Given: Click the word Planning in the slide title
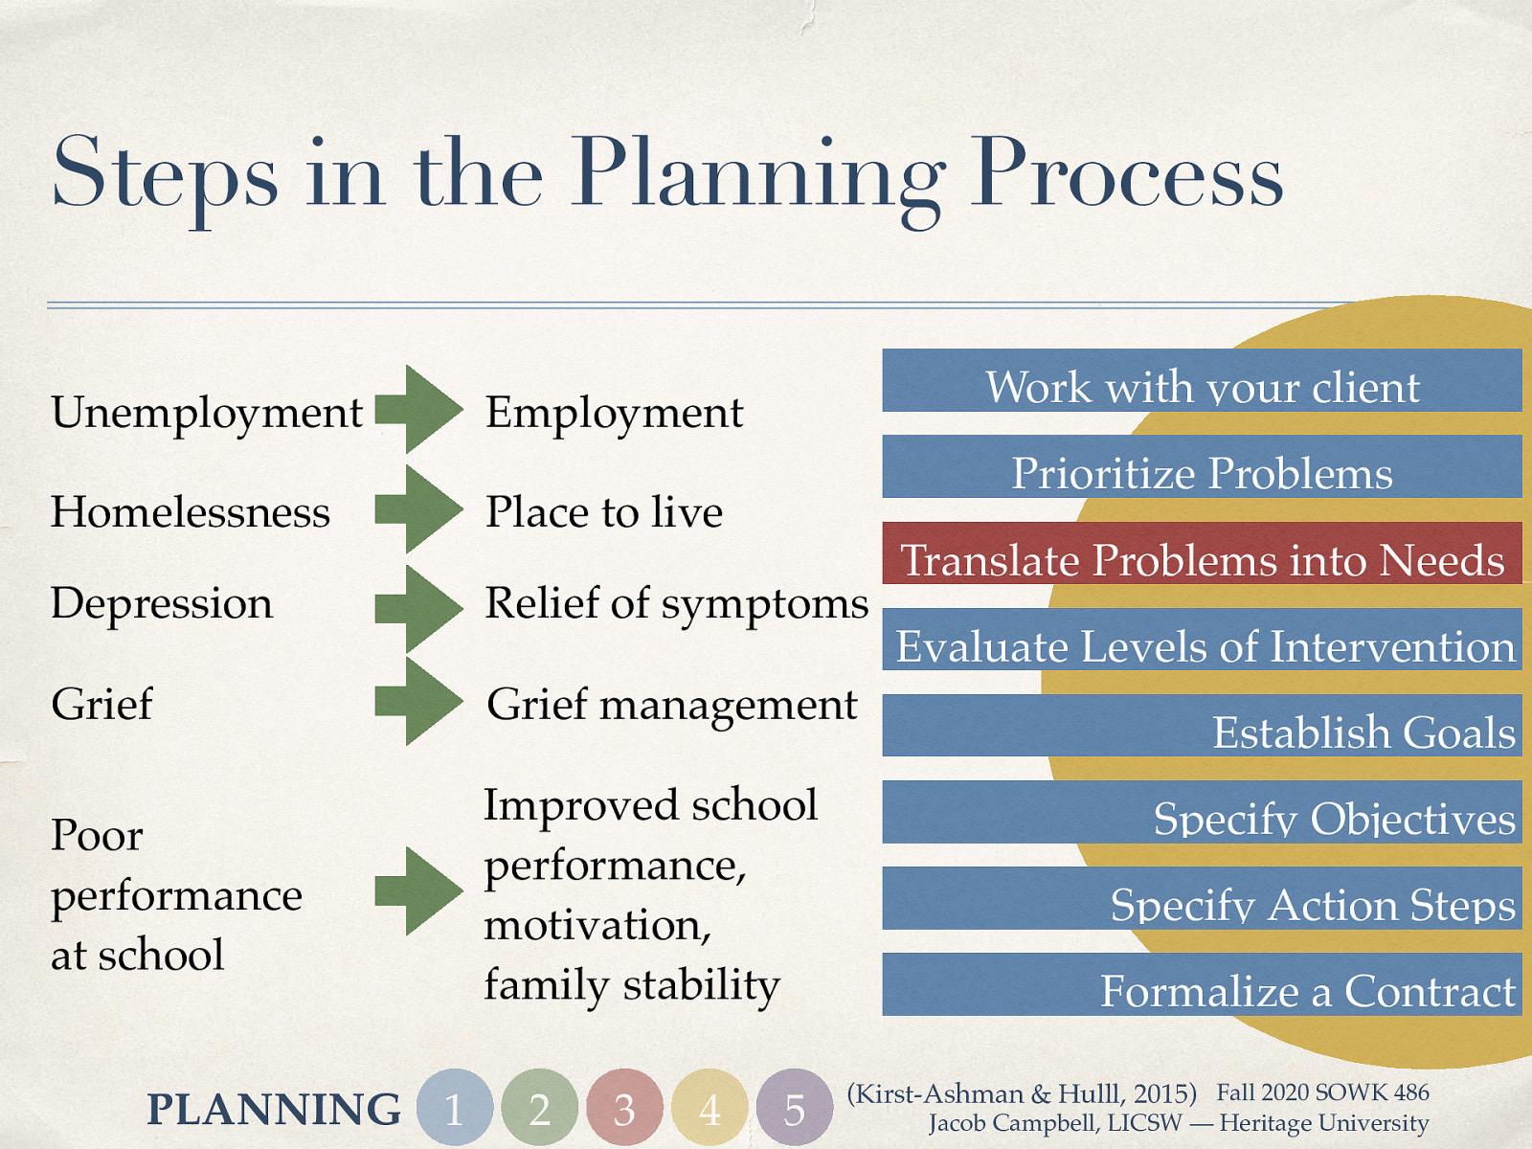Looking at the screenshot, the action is click(758, 179).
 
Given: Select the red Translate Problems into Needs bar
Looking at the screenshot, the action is click(1202, 552).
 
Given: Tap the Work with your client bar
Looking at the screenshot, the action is click(1202, 380).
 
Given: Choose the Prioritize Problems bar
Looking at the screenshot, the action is click(1202, 466).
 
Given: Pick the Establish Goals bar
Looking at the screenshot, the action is click(1202, 725).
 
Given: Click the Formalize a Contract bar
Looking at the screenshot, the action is click(1202, 983).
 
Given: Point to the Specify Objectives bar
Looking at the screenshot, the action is click(1202, 811).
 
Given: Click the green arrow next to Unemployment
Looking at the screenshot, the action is click(418, 410).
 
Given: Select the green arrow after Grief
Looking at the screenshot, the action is click(418, 701).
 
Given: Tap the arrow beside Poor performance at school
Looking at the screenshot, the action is click(418, 891).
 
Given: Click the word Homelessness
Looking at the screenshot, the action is click(190, 512).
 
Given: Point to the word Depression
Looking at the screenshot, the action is click(161, 604).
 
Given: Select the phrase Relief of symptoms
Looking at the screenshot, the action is click(676, 604).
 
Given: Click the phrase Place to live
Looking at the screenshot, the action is click(604, 512).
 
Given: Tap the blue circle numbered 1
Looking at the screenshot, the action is click(455, 1107).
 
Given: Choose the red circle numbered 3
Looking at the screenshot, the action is click(624, 1107).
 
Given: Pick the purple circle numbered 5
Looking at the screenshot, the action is click(795, 1107).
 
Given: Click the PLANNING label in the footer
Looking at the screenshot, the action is click(274, 1109).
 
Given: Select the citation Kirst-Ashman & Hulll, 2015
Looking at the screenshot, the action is click(1022, 1093).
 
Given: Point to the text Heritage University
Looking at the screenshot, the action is click(1324, 1123).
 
